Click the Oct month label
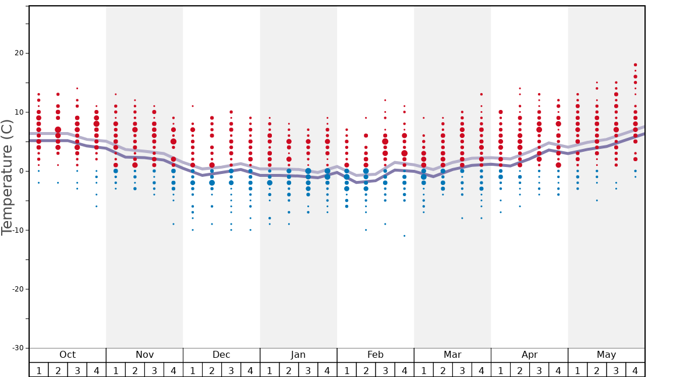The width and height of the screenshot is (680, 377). point(68,355)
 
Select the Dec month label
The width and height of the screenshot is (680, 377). point(221,355)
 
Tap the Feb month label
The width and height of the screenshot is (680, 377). point(376,355)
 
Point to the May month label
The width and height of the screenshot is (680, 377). point(606,355)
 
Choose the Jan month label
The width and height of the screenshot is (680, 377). point(298,355)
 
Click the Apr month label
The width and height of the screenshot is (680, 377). point(529,355)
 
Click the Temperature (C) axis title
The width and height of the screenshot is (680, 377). point(7,177)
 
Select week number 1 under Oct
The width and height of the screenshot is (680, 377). point(38,371)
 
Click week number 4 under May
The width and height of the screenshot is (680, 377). point(635,371)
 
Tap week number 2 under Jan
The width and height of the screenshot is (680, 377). point(289,371)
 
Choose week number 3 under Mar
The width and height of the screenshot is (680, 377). point(462,371)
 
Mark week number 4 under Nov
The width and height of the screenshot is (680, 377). point(173,371)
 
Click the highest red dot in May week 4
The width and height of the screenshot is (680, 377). point(635,65)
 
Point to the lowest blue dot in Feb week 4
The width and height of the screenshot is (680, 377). point(405,236)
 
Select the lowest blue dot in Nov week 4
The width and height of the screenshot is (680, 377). point(173,224)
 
